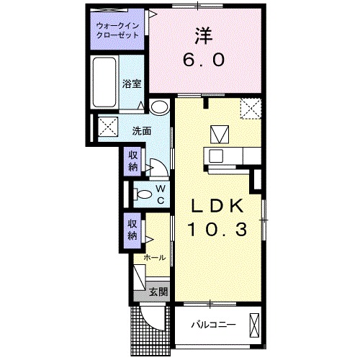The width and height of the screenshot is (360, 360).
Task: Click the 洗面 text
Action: [141, 131]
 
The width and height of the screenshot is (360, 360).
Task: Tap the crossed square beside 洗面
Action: [109, 126]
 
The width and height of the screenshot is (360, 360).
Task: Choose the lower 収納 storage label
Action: [133, 229]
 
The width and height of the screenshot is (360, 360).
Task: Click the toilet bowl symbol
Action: [143, 194]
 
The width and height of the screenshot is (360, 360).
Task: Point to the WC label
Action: [161, 194]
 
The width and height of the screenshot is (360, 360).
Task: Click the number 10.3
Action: [217, 230]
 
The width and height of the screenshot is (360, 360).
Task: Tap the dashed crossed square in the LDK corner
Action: [251, 109]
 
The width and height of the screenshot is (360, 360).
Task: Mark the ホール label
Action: [156, 258]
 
